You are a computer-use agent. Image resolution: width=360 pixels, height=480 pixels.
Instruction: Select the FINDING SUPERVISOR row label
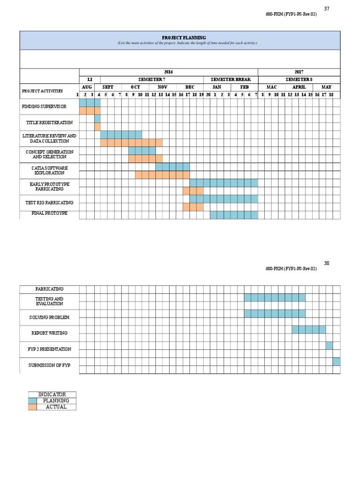pos(44,107)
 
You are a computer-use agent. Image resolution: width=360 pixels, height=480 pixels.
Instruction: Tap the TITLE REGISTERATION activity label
pos(49,123)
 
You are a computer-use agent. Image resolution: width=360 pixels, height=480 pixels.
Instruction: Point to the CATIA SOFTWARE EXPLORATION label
pos(49,170)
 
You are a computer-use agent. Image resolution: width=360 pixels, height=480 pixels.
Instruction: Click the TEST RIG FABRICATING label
pos(49,203)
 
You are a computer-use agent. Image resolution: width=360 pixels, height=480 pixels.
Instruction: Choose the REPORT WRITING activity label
pos(49,333)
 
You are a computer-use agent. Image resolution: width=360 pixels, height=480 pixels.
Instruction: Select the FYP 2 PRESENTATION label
pos(49,349)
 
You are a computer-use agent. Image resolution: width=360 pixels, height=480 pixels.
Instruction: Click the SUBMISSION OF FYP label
pos(49,365)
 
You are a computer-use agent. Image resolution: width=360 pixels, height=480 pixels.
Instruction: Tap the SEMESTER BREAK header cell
pos(231,80)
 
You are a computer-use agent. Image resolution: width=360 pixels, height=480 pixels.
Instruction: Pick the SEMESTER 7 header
pos(152,80)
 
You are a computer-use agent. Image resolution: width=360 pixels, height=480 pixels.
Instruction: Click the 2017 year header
pos(299,72)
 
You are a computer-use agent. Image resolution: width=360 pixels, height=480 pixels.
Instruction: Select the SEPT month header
pos(108,87)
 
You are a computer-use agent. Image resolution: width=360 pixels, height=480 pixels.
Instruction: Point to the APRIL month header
pos(299,87)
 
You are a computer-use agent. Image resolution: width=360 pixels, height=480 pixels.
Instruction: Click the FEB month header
pos(245,87)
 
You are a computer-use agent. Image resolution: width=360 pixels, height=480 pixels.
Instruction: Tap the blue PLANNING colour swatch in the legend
pos(32,401)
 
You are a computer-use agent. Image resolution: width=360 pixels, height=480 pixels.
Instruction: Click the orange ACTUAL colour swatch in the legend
pos(32,407)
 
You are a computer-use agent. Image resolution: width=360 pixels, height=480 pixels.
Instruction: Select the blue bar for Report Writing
pos(309,330)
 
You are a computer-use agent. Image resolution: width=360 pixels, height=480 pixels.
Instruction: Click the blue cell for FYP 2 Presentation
pos(330,345)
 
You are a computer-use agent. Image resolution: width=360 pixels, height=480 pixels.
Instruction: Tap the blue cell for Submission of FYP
pos(337,361)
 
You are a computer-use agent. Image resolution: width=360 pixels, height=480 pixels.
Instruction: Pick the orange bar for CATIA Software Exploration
pos(163,175)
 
